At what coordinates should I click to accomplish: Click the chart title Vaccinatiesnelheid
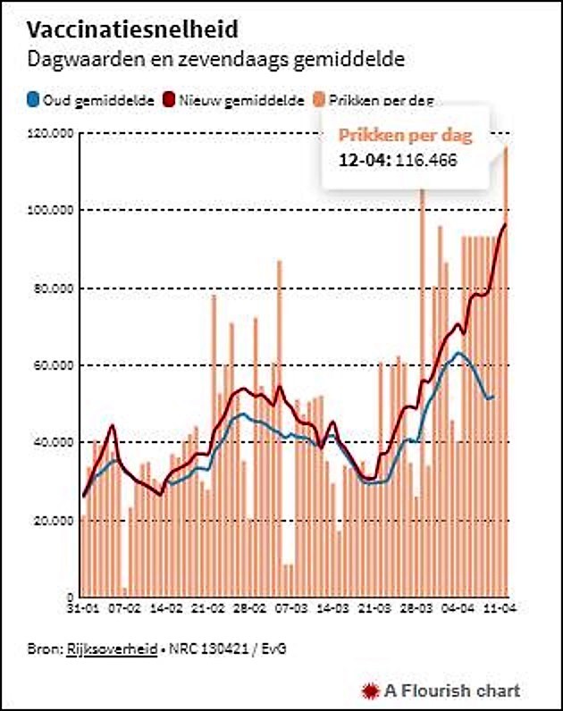pyautogui.click(x=133, y=29)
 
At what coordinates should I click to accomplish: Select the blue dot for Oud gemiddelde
pyautogui.click(x=33, y=101)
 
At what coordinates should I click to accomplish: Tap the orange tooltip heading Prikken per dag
pyautogui.click(x=404, y=137)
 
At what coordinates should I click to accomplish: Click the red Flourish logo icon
pyautogui.click(x=370, y=690)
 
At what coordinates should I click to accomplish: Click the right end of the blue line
pyautogui.click(x=492, y=396)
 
